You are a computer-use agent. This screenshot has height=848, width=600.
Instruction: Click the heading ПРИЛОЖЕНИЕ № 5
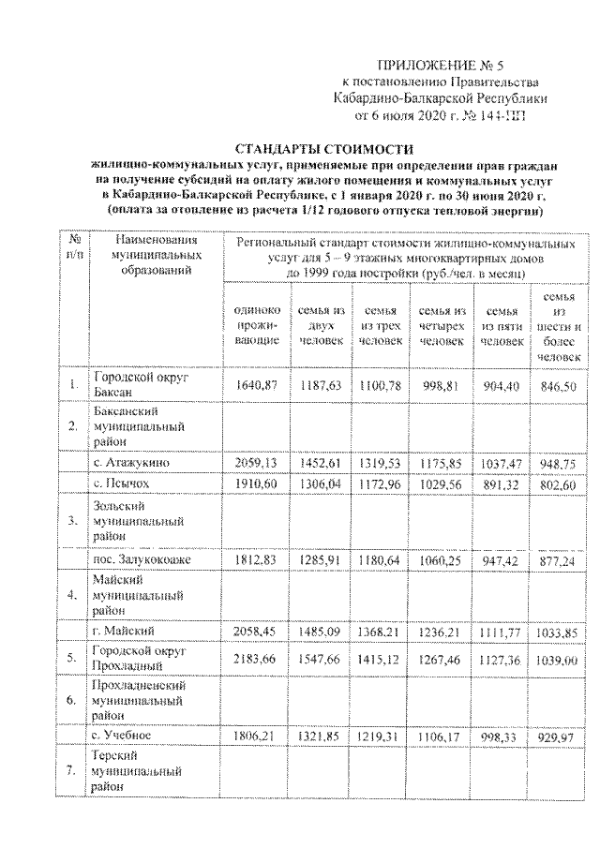pyautogui.click(x=427, y=65)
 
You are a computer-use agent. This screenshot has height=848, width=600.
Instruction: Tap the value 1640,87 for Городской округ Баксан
pyautogui.click(x=251, y=385)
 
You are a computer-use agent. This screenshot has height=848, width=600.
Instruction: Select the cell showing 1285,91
pyautogui.click(x=321, y=559)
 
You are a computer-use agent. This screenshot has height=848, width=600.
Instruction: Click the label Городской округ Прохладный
pyautogui.click(x=140, y=658)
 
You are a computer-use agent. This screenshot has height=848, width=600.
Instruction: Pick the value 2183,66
pyautogui.click(x=251, y=658)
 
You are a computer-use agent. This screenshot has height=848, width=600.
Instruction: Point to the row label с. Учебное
pyautogui.click(x=128, y=734)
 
